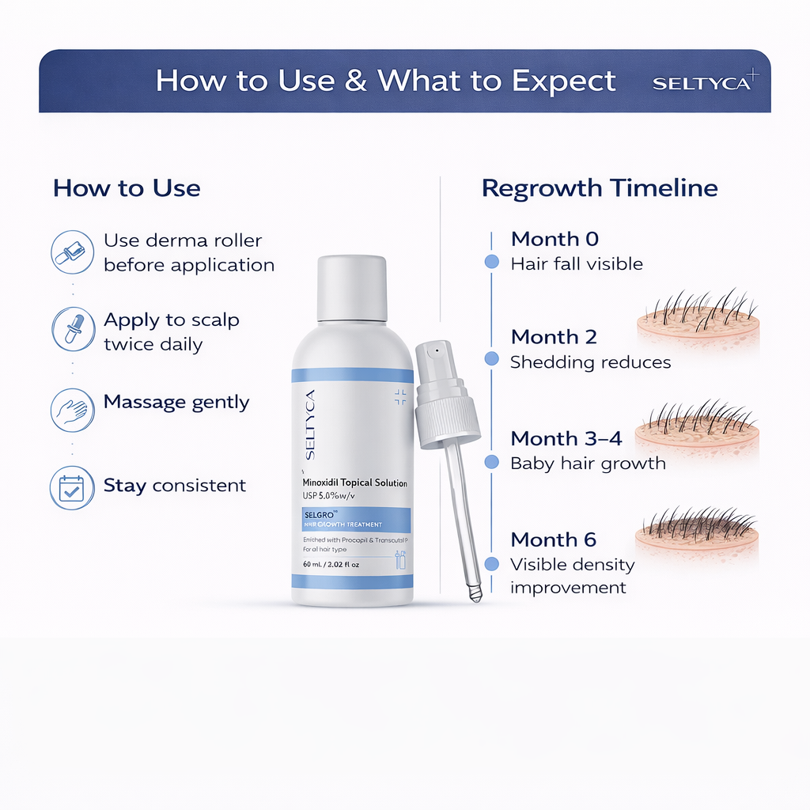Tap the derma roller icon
point(73,252)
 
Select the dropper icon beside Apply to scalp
point(73,330)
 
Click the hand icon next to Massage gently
point(73,409)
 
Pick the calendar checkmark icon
point(73,487)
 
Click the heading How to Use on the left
point(127,188)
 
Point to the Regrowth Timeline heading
point(600,188)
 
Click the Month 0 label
point(555,239)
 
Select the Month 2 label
point(554,337)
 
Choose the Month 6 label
point(554,539)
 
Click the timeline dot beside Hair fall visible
point(491,262)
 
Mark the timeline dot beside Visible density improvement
point(491,564)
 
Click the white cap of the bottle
point(352,288)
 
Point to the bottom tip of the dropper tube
point(475,595)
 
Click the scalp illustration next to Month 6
point(697,534)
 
